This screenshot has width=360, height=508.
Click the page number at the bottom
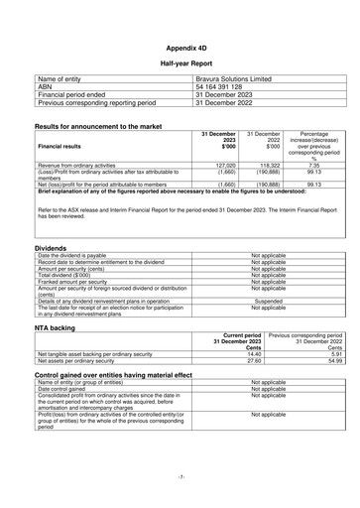[x=180, y=477]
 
